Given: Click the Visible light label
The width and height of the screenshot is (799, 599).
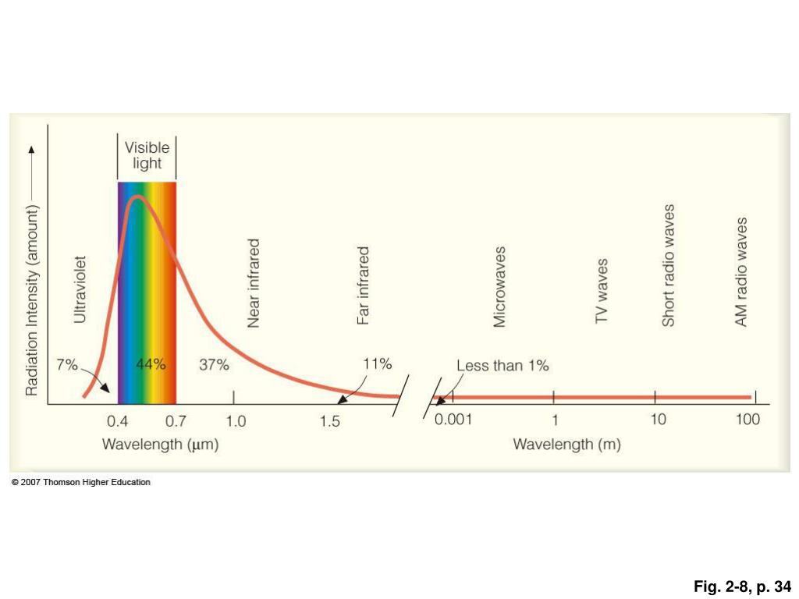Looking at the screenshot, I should click(147, 155).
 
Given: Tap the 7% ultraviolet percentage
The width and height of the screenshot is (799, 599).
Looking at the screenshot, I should click(67, 364).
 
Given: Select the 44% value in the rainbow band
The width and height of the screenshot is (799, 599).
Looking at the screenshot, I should click(151, 364).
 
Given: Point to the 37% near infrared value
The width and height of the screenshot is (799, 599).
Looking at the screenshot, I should click(213, 364).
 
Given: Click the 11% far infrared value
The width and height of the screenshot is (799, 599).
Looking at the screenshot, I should click(378, 363).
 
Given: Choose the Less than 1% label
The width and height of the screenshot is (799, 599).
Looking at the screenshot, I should click(502, 365).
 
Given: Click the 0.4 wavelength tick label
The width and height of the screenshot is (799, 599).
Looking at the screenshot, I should click(117, 422).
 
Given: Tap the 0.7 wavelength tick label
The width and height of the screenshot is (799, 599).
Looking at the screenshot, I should click(176, 422).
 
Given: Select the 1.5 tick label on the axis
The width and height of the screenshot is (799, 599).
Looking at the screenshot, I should click(330, 422).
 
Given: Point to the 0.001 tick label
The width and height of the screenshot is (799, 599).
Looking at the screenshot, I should click(453, 420).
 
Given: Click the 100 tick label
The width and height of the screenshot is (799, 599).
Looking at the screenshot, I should click(748, 420).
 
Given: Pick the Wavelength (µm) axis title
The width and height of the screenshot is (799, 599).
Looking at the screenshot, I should click(160, 445).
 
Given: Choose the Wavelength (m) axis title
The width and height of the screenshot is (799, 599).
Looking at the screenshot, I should click(566, 445).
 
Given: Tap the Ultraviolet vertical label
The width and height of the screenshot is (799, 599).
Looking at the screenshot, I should click(80, 289).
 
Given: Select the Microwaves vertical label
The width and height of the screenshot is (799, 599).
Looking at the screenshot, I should click(499, 286).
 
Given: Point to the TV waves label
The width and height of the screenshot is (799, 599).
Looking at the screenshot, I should click(602, 292).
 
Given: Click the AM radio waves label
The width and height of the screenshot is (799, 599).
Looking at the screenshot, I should click(741, 271).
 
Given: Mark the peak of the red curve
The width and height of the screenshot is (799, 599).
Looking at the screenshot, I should click(137, 197).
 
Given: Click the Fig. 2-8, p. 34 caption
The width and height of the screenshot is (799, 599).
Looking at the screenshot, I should click(742, 586).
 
